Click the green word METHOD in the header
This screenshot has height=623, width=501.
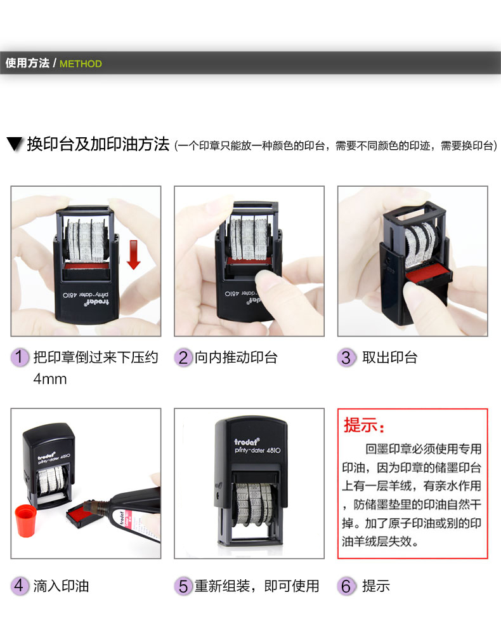pos(81,64)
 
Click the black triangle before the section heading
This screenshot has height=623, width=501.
pos(15,144)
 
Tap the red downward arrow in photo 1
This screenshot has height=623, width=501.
pos(134,255)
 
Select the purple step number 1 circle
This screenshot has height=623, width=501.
pos(20,357)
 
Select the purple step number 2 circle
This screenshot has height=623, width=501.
pos(183,357)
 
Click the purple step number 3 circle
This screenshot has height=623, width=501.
pos(346,357)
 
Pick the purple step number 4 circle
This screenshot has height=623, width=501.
pos(20,586)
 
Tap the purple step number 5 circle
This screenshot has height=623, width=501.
pos(183,586)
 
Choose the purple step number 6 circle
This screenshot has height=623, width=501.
pos(346,586)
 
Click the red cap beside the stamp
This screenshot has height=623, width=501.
pos(25,521)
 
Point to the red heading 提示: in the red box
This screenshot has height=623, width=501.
pos(364,425)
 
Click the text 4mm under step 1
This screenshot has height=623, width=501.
pos(50,379)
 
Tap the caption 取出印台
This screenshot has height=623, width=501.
pos(389,358)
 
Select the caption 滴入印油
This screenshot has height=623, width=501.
pos(61,586)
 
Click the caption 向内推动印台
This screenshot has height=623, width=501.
pos(236,358)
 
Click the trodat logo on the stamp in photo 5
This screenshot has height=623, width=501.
pos(247,441)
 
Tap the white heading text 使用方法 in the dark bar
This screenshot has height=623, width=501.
pos(27,63)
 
